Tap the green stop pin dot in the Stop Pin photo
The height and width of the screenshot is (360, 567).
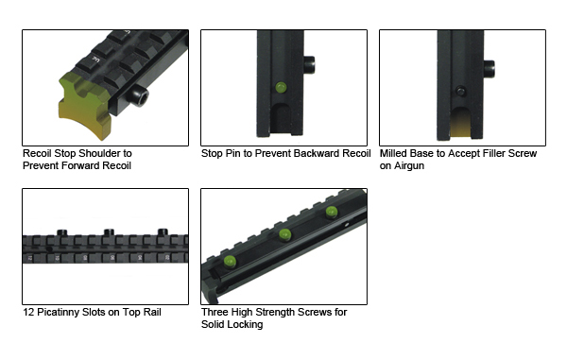281,88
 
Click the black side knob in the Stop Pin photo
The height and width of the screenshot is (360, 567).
309,64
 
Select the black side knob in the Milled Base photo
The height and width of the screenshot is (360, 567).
489,69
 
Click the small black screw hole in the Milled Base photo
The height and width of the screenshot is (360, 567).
461,91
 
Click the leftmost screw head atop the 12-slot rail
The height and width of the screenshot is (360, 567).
62,232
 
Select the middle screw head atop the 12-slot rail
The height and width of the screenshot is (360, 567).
109,232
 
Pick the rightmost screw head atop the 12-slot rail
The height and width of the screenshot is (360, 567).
163,232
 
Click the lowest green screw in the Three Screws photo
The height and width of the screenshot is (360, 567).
230,262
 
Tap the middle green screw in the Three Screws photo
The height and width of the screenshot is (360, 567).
285,235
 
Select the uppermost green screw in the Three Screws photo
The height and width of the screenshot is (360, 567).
332,212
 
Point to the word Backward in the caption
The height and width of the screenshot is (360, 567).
316,154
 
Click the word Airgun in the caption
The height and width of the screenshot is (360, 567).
409,166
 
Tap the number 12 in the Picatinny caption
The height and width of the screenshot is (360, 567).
28,313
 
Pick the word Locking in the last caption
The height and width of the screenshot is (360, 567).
247,325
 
